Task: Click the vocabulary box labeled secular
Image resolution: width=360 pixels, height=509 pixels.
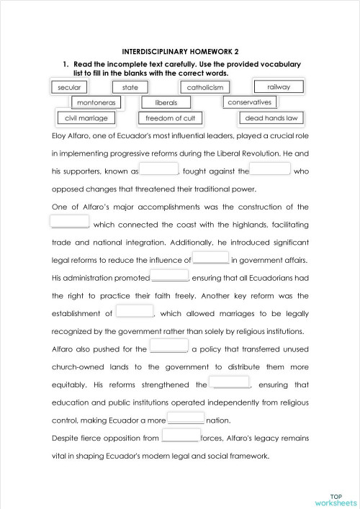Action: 69,87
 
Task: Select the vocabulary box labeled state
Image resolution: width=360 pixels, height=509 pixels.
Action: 130,87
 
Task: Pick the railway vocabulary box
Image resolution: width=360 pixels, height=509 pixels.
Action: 279,86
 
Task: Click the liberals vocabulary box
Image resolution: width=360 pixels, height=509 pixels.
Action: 166,103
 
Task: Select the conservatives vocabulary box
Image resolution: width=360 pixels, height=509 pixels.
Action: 249,102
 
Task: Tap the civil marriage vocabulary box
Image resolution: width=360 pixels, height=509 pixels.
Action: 86,118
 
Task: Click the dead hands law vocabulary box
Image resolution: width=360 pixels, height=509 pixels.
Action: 271,118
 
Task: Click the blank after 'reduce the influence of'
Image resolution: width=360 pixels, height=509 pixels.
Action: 211,258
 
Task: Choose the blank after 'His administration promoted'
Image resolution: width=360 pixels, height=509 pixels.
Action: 169,276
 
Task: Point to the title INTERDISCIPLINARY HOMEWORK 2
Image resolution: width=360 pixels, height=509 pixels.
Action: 179,52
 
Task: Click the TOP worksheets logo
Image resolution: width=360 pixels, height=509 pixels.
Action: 336,497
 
